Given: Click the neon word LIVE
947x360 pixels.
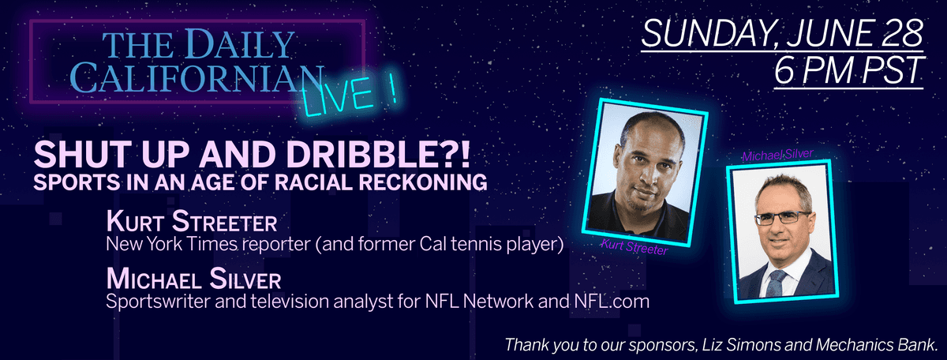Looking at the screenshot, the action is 339,96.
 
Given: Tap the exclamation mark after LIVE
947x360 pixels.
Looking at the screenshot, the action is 393,89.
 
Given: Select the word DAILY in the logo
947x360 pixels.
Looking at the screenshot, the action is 239,43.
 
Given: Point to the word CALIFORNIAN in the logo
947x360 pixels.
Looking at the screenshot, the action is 197,78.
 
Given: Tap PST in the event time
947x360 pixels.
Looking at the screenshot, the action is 893,70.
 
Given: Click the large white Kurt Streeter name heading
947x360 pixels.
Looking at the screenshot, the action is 192,221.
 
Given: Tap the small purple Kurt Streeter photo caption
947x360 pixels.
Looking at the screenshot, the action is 634,247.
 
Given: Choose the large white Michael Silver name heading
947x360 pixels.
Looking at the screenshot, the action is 193,279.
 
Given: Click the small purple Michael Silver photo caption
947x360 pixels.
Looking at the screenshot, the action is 778,155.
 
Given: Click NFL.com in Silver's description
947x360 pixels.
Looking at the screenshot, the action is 612,302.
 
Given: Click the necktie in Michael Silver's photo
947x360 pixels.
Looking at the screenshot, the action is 774,283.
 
